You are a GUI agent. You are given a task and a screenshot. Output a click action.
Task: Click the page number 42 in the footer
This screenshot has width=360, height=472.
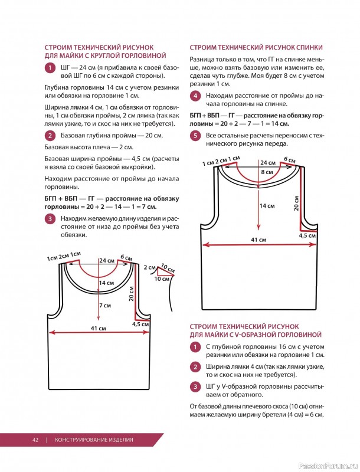pyautogui.click(x=35, y=440)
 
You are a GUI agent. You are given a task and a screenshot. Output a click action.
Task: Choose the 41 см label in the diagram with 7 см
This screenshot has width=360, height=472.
pyautogui.click(x=98, y=328)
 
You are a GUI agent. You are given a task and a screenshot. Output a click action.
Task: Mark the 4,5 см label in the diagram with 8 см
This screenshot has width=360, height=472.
pyautogui.click(x=307, y=235)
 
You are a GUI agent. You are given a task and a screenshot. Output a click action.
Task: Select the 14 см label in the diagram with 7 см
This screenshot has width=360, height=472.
pyautogui.click(x=106, y=283)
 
